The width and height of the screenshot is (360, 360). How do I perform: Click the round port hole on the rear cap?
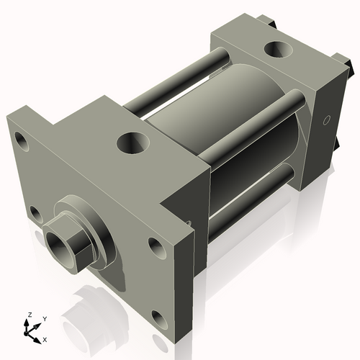(x=276, y=50)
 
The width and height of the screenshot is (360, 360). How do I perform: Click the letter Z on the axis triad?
(x=30, y=315)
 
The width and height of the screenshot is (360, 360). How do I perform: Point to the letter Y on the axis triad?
(x=44, y=318)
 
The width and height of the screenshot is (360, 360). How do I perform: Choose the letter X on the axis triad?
(x=45, y=338)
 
